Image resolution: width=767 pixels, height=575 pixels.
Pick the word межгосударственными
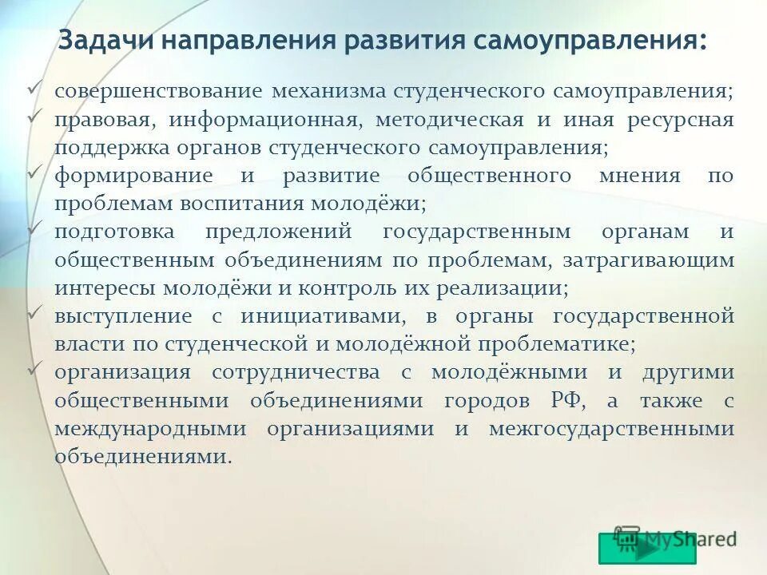click(612, 428)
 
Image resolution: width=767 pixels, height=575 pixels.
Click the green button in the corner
click(646, 549)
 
